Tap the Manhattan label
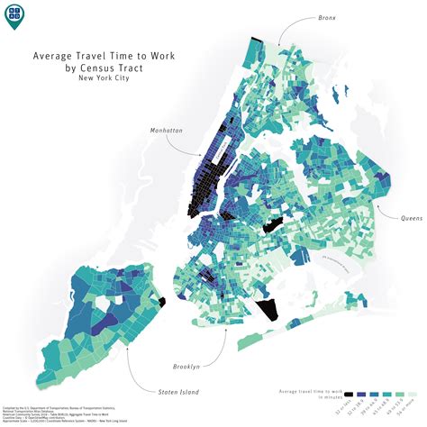[167, 131]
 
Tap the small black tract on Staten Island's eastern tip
[162, 304]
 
